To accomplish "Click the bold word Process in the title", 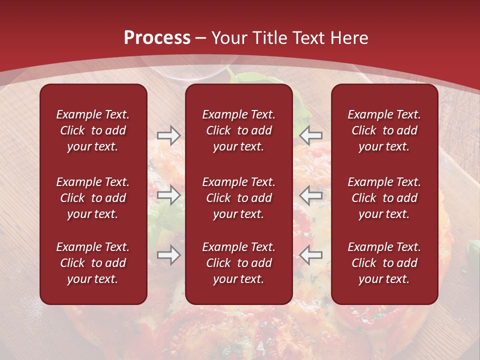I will click(157, 38).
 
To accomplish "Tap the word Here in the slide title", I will click(349, 38).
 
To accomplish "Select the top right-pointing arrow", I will click(168, 135).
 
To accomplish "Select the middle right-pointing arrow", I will click(168, 195).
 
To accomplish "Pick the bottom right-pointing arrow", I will click(168, 255).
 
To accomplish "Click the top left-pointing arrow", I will click(311, 135).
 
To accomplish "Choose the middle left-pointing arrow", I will click(311, 195).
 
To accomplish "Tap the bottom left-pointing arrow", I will click(311, 255).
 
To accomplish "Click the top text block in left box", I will click(93, 130).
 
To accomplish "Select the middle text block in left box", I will click(93, 198).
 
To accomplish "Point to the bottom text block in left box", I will click(93, 263).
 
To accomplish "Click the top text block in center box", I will click(238, 130).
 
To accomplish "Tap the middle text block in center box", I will click(238, 198).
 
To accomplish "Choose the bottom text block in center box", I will click(238, 263).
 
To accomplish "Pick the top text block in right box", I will click(384, 130).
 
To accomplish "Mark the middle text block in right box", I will click(384, 198).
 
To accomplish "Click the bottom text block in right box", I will click(384, 263).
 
